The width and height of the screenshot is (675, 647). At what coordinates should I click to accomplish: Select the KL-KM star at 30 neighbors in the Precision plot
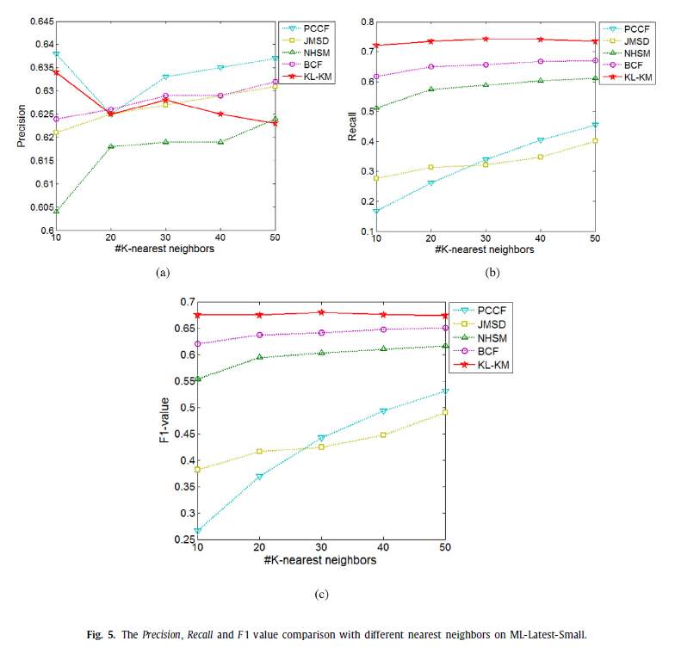click(x=165, y=100)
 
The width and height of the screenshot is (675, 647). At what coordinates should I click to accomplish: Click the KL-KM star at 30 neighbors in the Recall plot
click(x=486, y=39)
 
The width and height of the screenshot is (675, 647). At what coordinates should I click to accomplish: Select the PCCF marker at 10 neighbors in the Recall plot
click(x=376, y=211)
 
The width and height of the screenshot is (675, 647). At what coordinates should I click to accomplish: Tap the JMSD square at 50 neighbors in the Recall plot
click(x=596, y=141)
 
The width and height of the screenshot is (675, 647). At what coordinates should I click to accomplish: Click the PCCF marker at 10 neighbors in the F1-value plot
click(x=198, y=532)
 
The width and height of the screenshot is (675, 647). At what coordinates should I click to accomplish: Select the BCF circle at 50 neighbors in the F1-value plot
click(x=445, y=328)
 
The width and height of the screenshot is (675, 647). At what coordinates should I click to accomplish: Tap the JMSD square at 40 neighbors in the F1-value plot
click(x=383, y=434)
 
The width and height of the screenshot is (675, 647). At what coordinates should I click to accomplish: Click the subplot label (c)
click(x=320, y=593)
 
